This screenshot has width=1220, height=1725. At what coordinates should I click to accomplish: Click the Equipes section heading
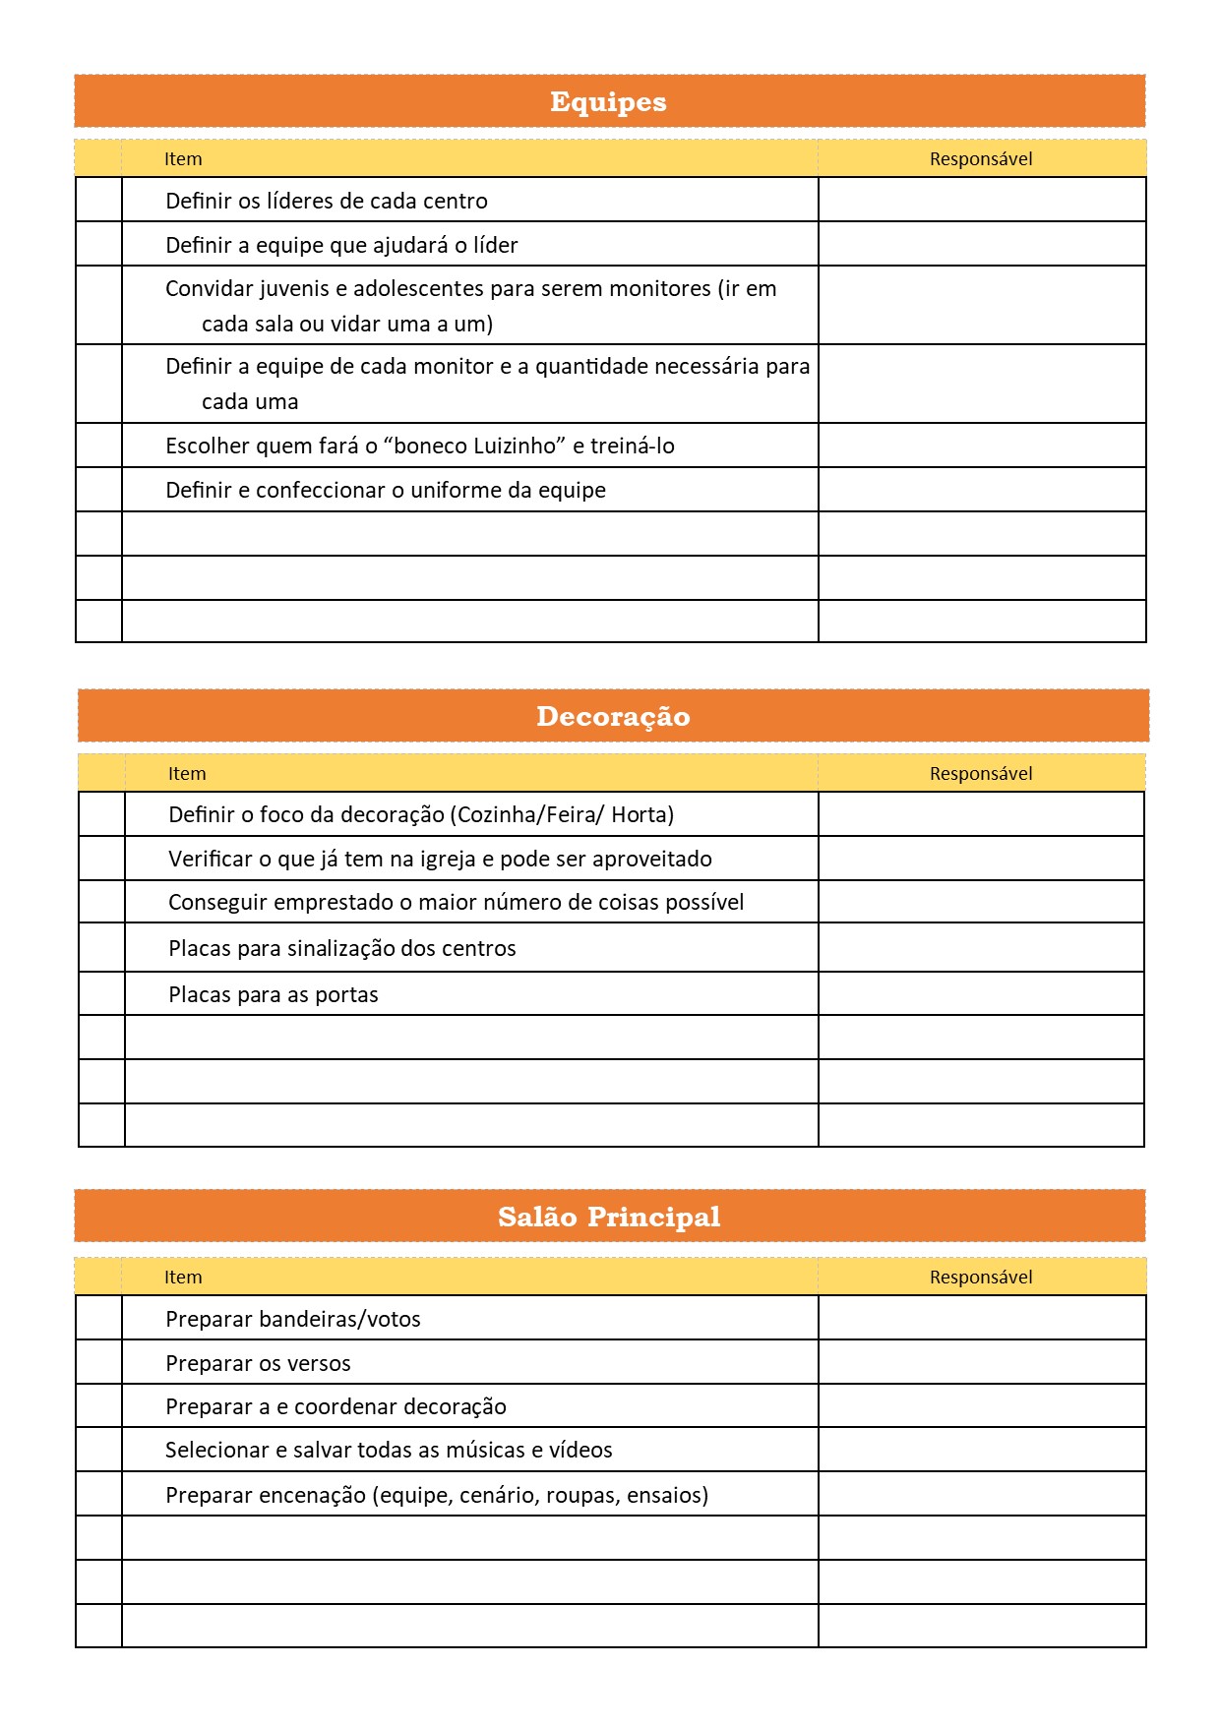[608, 101]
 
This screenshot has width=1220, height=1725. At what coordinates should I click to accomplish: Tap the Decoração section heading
[613, 716]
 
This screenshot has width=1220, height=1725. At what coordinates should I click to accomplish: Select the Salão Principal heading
[609, 1217]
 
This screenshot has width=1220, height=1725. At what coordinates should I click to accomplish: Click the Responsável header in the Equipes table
[981, 159]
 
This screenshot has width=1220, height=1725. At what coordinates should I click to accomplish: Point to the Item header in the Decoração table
[187, 774]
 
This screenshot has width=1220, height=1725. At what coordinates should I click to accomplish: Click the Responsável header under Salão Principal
[981, 1278]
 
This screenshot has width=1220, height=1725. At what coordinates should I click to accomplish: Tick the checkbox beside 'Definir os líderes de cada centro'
[98, 200]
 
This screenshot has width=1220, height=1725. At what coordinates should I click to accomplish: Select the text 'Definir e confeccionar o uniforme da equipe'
[386, 490]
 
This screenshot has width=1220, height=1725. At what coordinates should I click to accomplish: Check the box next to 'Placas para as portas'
[101, 994]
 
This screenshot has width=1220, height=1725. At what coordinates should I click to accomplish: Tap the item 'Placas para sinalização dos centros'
[342, 949]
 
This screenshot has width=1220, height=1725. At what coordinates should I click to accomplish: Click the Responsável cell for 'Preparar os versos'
[981, 1362]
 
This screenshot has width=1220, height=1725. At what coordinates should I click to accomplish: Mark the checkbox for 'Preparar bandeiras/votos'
[98, 1318]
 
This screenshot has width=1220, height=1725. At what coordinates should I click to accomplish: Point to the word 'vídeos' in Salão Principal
[580, 1451]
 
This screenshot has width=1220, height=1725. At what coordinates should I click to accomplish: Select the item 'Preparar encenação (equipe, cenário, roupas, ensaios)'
[437, 1496]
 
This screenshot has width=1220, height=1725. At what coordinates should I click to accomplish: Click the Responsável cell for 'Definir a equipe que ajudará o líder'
[981, 244]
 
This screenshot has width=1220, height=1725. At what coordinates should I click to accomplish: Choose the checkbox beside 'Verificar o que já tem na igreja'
[101, 859]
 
